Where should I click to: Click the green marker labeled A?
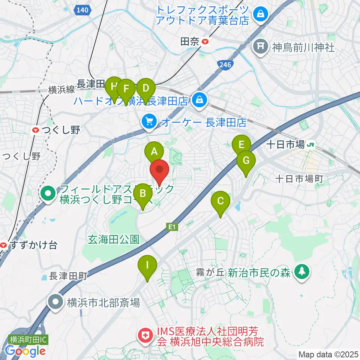[154, 151]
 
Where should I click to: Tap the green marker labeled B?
[142, 193]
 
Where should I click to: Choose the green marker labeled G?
[246, 160]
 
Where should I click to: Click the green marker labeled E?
[241, 144]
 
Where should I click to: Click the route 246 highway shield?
[225, 64]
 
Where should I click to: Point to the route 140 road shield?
[83, 10]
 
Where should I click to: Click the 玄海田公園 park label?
[114, 239]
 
